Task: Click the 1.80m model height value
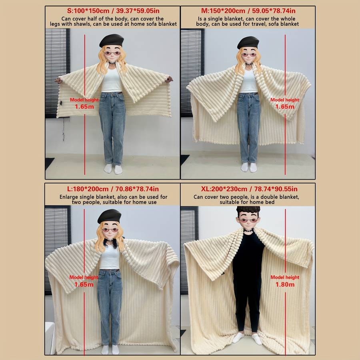click(285, 284)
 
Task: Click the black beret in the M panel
click(248, 42)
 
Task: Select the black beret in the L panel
click(109, 216)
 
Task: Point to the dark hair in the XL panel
click(248, 211)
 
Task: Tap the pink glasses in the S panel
click(112, 54)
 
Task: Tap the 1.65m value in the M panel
click(285, 106)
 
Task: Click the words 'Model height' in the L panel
click(84, 277)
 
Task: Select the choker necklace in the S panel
click(112, 62)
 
